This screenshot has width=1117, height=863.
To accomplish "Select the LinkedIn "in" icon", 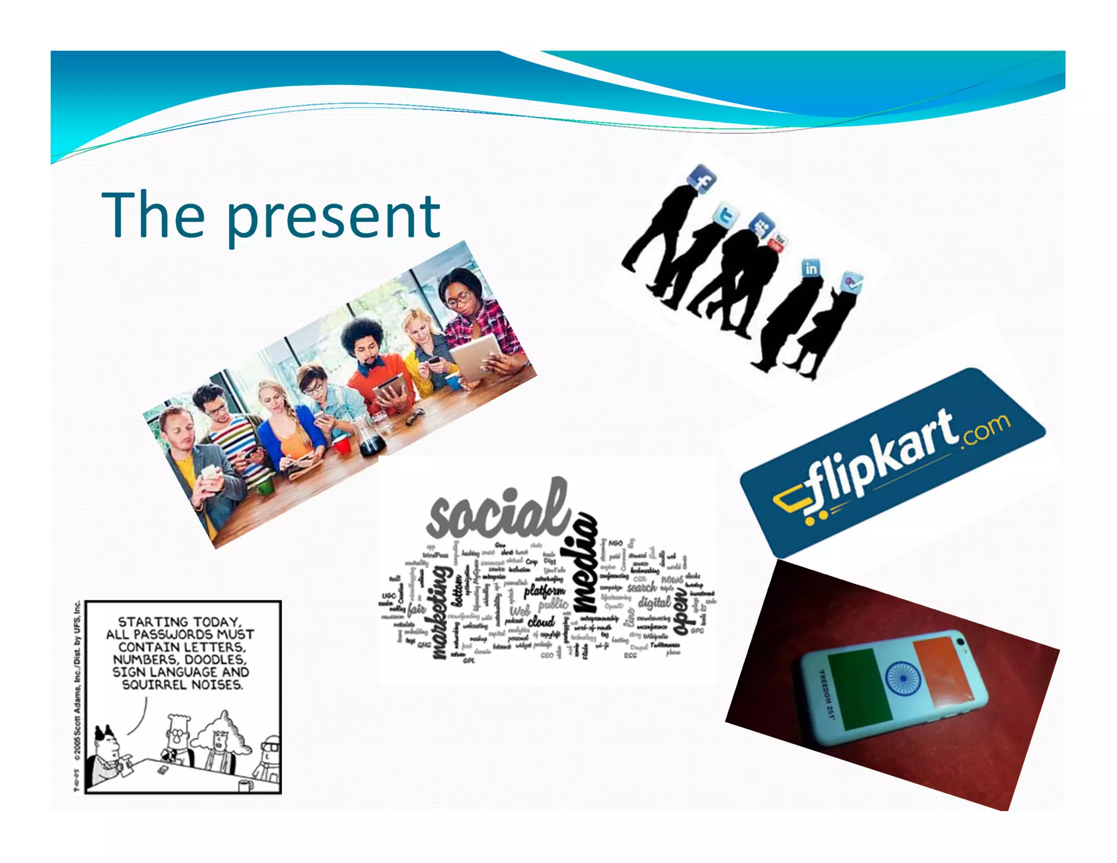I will (811, 269).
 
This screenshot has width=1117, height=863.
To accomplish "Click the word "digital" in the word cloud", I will (654, 603).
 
